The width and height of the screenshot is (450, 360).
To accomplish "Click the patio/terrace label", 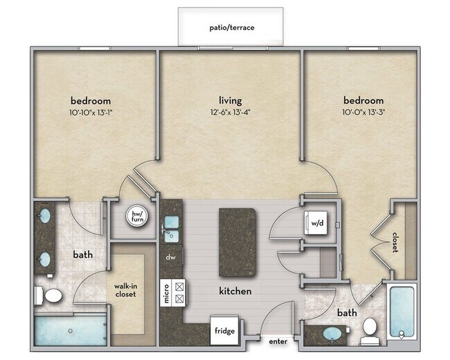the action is pyautogui.click(x=232, y=28).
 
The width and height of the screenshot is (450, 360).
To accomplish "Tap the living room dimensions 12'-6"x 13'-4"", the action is pyautogui.click(x=231, y=112).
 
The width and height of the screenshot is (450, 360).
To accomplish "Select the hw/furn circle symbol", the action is pyautogui.click(x=137, y=216).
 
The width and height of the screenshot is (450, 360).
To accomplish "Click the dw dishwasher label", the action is pyautogui.click(x=170, y=258).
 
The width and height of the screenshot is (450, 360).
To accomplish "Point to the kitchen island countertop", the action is pyautogui.click(x=237, y=242).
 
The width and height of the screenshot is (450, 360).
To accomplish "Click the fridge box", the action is pyautogui.click(x=224, y=330).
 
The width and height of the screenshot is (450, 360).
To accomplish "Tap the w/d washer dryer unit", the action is pyautogui.click(x=316, y=223).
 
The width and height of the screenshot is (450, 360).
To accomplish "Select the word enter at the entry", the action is pyautogui.click(x=278, y=341).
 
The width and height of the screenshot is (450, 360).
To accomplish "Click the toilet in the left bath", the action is pyautogui.click(x=48, y=295).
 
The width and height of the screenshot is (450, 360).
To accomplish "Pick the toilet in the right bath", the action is pyautogui.click(x=370, y=331).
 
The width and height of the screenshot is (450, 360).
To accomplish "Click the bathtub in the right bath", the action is pyautogui.click(x=402, y=312).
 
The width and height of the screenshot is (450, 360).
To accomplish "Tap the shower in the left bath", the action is pyautogui.click(x=71, y=331).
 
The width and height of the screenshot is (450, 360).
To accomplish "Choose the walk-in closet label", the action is pyautogui.click(x=126, y=290).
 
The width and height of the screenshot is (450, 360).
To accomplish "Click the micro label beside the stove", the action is pyautogui.click(x=166, y=294).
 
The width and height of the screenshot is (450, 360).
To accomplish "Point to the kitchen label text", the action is pyautogui.click(x=235, y=291).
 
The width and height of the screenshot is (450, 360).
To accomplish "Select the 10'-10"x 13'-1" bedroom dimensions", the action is pyautogui.click(x=91, y=113).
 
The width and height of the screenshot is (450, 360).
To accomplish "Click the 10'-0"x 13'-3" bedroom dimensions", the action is pyautogui.click(x=363, y=112).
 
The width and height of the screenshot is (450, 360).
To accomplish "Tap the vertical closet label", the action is pyautogui.click(x=395, y=242).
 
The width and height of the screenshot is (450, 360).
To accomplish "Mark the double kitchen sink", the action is pyautogui.click(x=171, y=228).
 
